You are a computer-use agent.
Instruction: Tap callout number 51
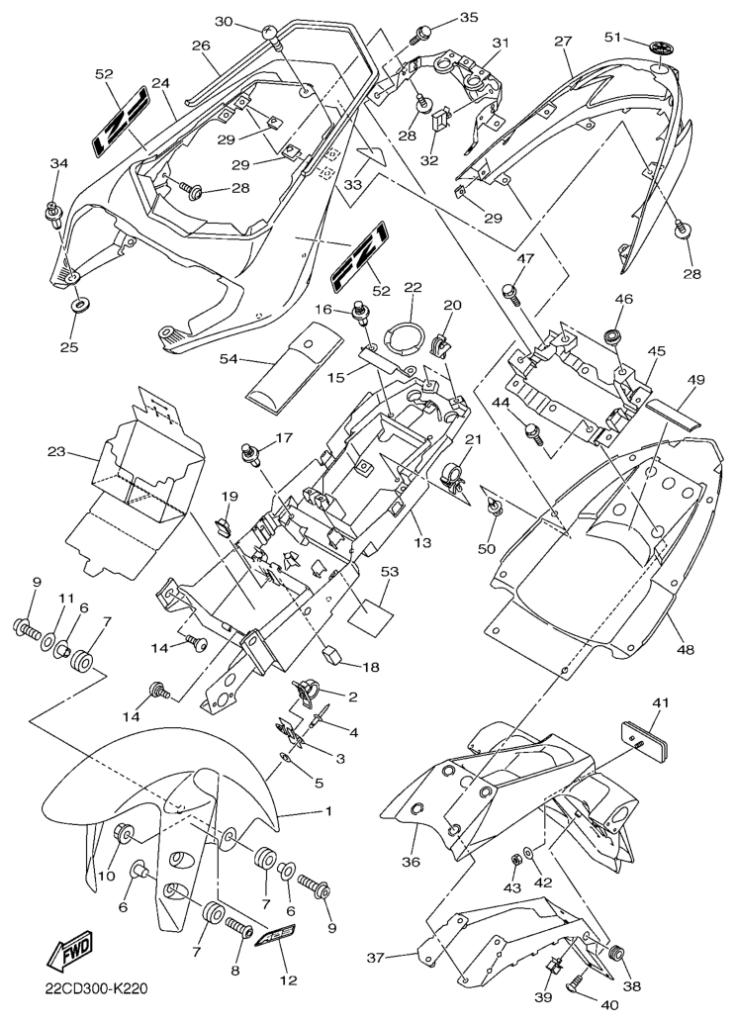pyautogui.click(x=612, y=37)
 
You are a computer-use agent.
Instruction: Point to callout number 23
pyautogui.click(x=56, y=451)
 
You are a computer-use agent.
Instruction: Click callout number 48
pyautogui.click(x=686, y=650)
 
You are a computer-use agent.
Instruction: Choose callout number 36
pyautogui.click(x=412, y=861)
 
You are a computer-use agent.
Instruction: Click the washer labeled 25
pyautogui.click(x=80, y=305)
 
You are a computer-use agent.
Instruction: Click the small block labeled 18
pyautogui.click(x=333, y=654)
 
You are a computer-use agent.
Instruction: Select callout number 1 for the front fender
pyautogui.click(x=328, y=811)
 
